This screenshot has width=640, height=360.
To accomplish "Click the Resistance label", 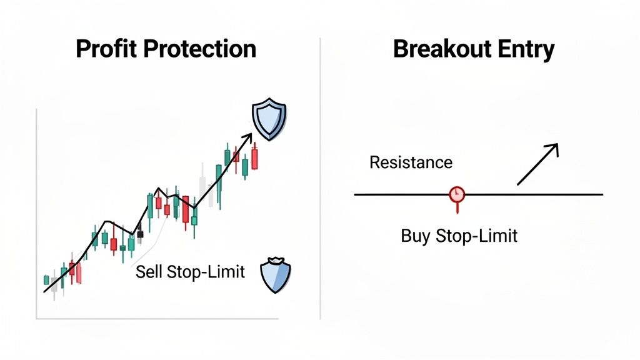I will point(411,162).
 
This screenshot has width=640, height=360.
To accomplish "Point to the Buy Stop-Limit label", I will point(459,236).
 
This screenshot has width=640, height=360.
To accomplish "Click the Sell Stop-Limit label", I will point(191,272).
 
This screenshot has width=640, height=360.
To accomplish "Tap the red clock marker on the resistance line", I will point(457,194).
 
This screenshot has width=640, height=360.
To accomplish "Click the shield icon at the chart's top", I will point(268,118).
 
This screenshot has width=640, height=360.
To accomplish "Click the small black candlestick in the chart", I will point(140,234).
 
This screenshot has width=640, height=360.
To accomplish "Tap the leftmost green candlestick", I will point(46,279).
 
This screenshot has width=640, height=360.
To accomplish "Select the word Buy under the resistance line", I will point(412,236).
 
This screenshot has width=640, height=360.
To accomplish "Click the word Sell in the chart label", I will point(147,272).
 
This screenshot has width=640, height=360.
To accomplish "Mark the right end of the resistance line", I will point(601,194).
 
